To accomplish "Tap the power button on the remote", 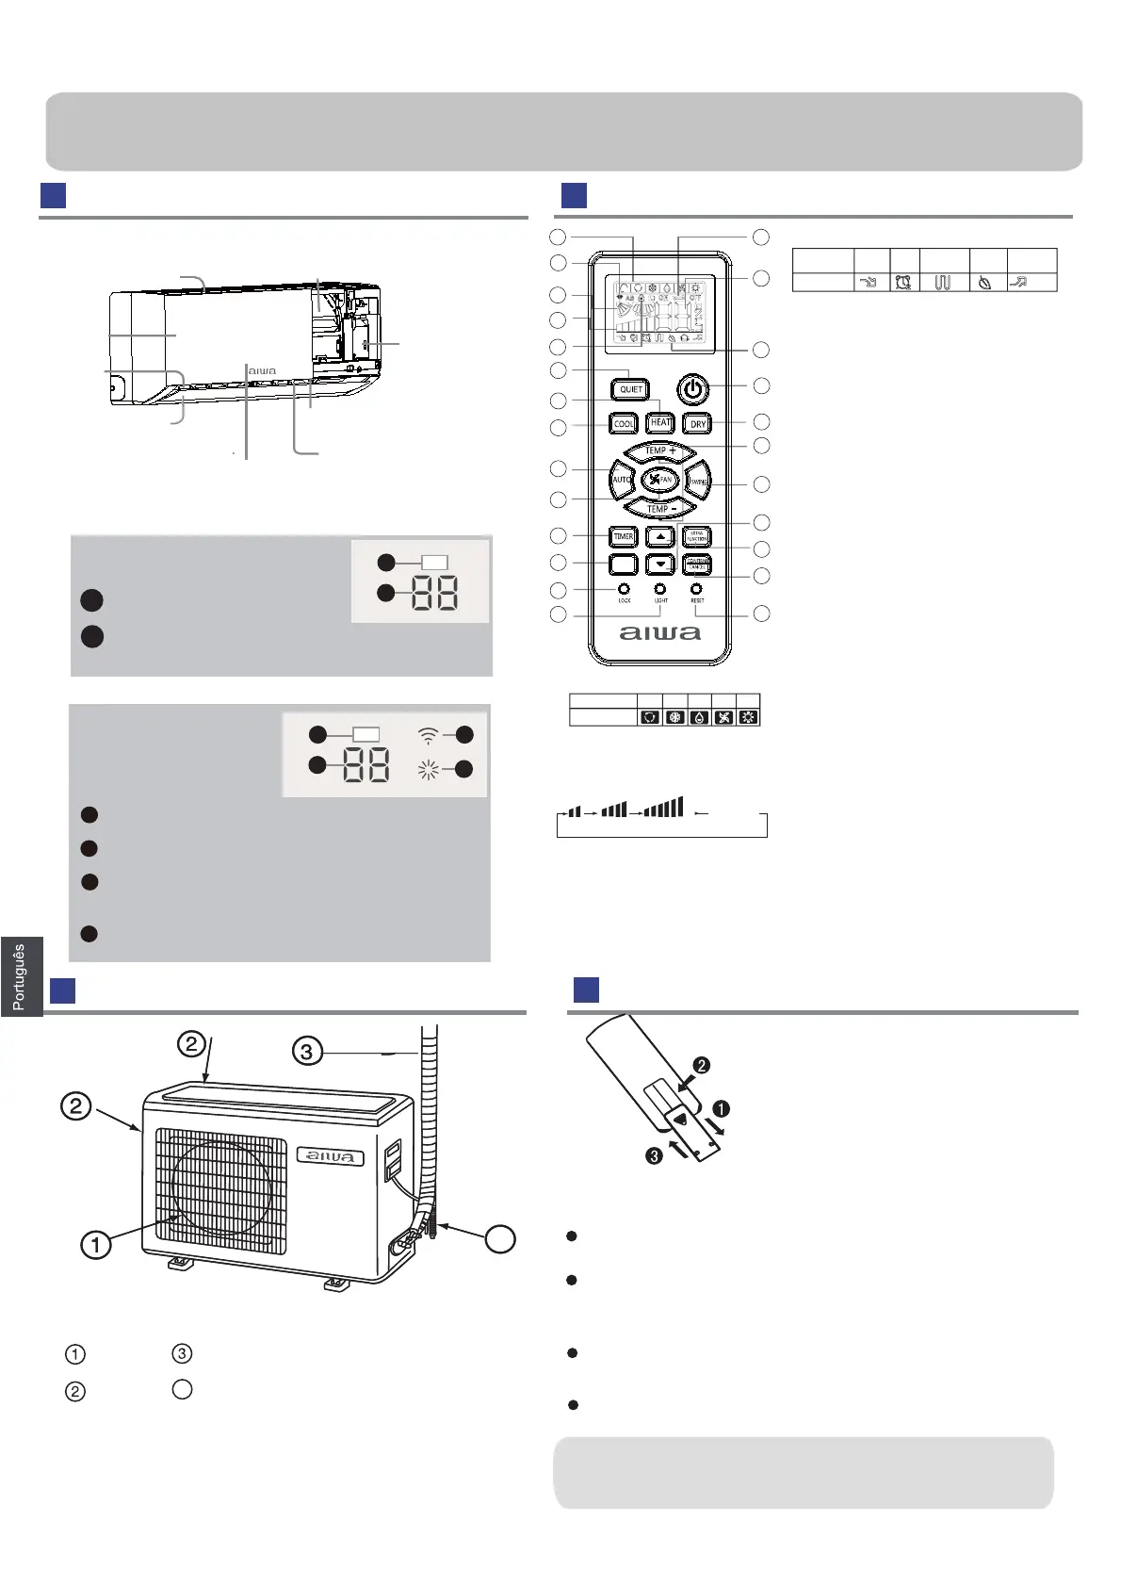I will pos(692,388).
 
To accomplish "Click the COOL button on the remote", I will pos(624,424).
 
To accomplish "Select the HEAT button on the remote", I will pos(660,423).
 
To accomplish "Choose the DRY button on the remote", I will pos(697,424).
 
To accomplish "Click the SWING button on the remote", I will pos(698,481).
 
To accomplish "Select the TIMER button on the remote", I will pos(624,536).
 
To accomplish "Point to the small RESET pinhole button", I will pos(697,589).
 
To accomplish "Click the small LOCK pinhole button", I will pos(624,589).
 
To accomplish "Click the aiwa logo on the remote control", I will pos(659,633).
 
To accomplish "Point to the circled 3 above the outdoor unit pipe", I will pos(307,1050).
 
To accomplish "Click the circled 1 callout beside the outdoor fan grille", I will pos(95,1244).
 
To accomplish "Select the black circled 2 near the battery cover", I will pos(700,1066).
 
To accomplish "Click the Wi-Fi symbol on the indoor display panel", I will pos(428,736).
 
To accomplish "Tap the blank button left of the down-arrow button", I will pos(624,564).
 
